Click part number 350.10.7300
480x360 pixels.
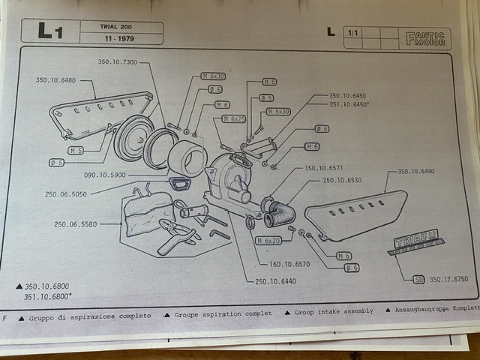[118, 61]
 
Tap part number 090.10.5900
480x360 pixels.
[106, 175]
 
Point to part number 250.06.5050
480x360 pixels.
[66, 193]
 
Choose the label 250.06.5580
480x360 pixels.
[76, 223]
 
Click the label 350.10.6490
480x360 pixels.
[415, 172]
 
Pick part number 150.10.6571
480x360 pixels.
[324, 168]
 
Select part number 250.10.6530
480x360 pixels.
[343, 180]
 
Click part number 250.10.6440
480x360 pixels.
[275, 280]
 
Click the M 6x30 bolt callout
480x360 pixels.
[213, 76]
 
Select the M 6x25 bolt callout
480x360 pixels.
[234, 119]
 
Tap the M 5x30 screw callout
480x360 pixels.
[278, 112]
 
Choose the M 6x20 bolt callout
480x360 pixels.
[268, 240]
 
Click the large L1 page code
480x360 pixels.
[49, 32]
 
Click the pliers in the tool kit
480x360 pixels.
[175, 232]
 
